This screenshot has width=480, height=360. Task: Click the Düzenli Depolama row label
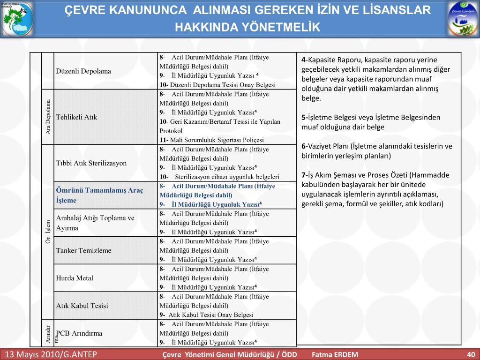pyautogui.click(x=83, y=71)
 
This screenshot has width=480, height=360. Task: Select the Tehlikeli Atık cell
pyautogui.click(x=76, y=117)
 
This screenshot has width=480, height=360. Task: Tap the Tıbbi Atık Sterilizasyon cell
pyautogui.click(x=91, y=164)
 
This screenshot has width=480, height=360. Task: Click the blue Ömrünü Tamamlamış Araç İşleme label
pyautogui.click(x=99, y=195)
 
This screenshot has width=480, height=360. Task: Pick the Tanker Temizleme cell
pyautogui.click(x=84, y=250)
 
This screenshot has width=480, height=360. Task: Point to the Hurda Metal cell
pyautogui.click(x=75, y=278)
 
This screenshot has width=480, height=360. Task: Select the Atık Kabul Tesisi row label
pyautogui.click(x=82, y=306)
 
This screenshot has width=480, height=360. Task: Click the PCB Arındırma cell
pyautogui.click(x=79, y=333)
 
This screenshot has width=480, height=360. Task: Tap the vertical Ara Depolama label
pyautogui.click(x=48, y=117)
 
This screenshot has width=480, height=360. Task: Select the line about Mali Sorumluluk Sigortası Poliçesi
pyautogui.click(x=211, y=140)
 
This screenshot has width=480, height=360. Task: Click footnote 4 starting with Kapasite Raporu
pyautogui.click(x=375, y=79)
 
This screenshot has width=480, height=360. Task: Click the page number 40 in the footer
pyautogui.click(x=471, y=354)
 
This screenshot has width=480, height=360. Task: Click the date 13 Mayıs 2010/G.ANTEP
pyautogui.click(x=51, y=354)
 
